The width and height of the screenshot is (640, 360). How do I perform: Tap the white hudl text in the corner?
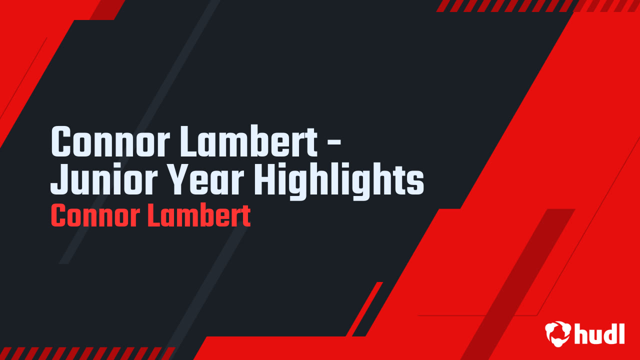click(599, 333)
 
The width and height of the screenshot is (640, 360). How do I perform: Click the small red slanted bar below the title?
click(365, 307)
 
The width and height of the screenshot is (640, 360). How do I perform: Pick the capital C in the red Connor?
click(58, 216)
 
